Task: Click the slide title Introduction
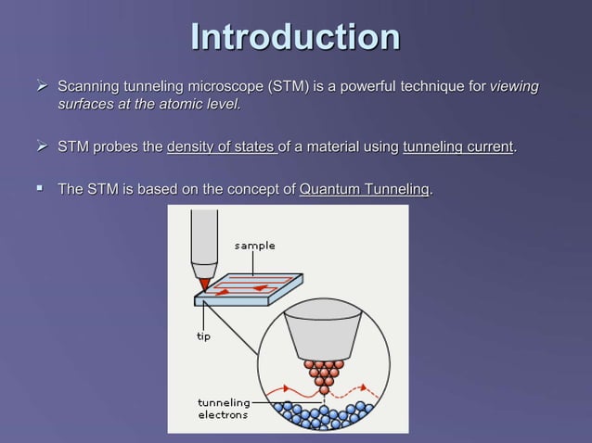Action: (295, 38)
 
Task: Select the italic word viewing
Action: (514, 87)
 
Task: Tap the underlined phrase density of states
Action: (221, 147)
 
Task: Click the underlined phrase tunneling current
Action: (457, 147)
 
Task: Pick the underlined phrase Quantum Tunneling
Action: (365, 190)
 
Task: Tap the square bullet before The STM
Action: (40, 189)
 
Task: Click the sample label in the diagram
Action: (254, 246)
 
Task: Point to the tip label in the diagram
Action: (202, 336)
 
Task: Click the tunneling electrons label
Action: (223, 409)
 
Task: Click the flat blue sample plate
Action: (251, 289)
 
